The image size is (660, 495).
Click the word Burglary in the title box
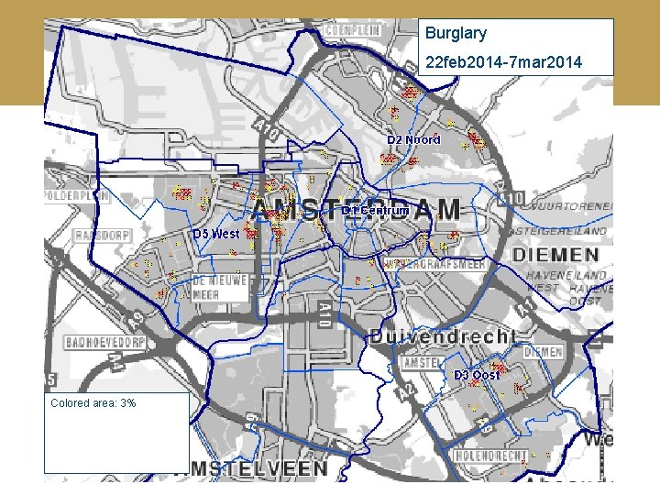(456, 34)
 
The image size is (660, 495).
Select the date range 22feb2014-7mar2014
(502, 62)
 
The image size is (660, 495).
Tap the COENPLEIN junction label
(353, 29)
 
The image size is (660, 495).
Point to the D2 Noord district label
(413, 139)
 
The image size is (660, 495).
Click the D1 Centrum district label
(375, 210)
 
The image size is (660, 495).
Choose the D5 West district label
(216, 234)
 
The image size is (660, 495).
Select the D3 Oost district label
(478, 375)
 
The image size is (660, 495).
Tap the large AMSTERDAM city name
(356, 210)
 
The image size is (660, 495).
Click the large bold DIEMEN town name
(558, 254)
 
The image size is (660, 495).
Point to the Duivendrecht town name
(444, 337)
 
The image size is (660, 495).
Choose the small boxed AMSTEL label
(423, 363)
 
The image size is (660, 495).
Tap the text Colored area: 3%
(93, 402)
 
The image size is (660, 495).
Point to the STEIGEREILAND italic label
(564, 231)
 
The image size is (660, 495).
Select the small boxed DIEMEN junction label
(544, 351)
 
